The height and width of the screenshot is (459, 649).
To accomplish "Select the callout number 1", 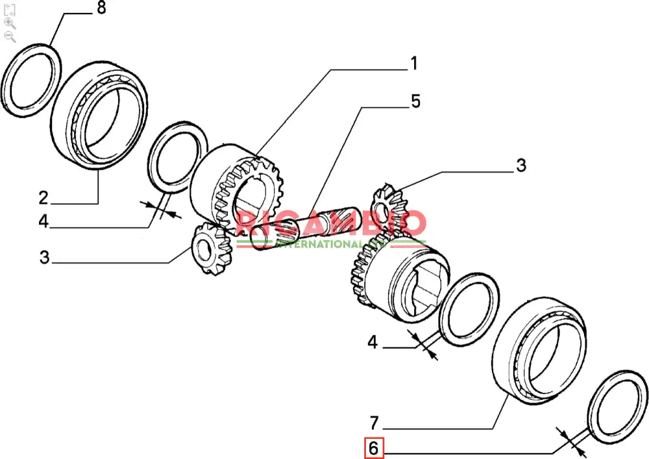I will tap(413, 64).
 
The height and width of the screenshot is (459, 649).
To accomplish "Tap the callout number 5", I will tap(415, 101).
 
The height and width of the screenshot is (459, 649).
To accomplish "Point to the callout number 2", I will tap(43, 197).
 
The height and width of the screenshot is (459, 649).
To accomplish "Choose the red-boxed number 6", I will tap(373, 449).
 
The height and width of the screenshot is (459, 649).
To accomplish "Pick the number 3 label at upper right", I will tap(520, 165).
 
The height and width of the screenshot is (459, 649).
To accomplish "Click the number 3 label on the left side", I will tap(43, 257).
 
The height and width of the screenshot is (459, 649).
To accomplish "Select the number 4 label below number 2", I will tap(43, 221).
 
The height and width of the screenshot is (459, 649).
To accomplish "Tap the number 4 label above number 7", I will tap(373, 342).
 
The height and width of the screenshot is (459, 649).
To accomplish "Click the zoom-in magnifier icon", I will tap(10, 23).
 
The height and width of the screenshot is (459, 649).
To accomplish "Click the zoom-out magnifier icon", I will tap(10, 36).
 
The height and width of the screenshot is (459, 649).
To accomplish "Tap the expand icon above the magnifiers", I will tap(10, 9).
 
